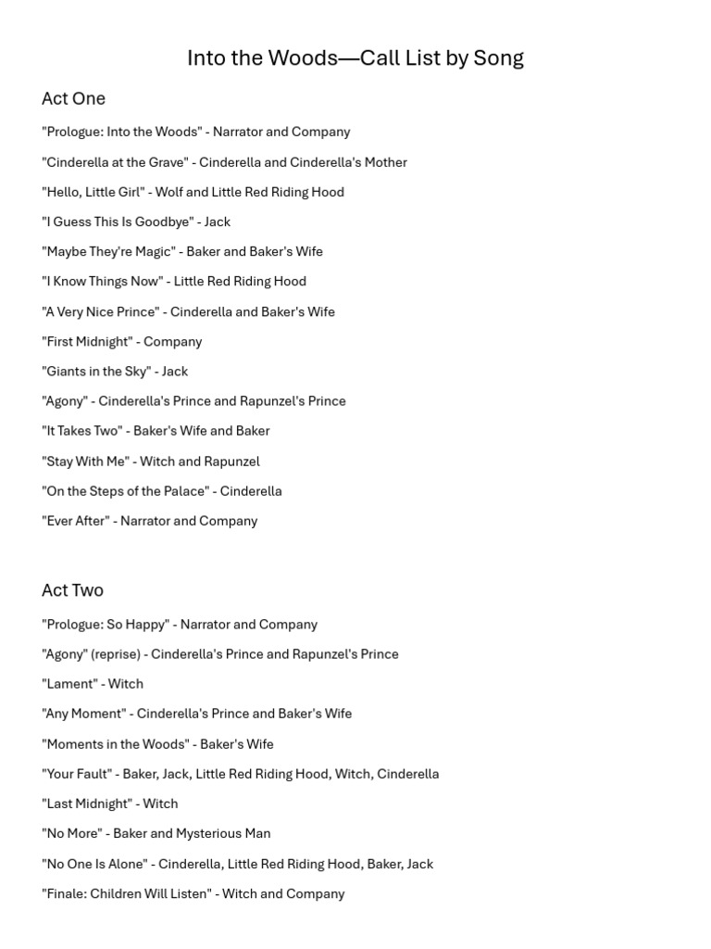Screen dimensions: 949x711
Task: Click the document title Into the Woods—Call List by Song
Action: (355, 58)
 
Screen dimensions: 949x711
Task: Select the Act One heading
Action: (73, 98)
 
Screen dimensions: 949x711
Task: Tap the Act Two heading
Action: (72, 590)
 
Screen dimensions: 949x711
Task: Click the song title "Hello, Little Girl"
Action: (92, 192)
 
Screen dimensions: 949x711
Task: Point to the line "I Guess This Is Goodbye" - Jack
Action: (136, 221)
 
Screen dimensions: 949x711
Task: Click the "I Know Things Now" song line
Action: (174, 281)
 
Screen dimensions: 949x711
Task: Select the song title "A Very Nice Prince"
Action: (100, 311)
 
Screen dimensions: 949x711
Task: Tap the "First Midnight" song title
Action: (87, 341)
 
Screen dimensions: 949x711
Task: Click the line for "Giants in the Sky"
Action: (115, 371)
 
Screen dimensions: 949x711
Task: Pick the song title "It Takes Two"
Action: (82, 431)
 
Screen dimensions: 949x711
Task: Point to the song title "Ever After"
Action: (75, 521)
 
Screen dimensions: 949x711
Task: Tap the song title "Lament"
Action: (69, 684)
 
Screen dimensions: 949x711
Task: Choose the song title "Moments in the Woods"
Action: (114, 744)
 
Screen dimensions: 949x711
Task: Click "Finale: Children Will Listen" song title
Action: (125, 893)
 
